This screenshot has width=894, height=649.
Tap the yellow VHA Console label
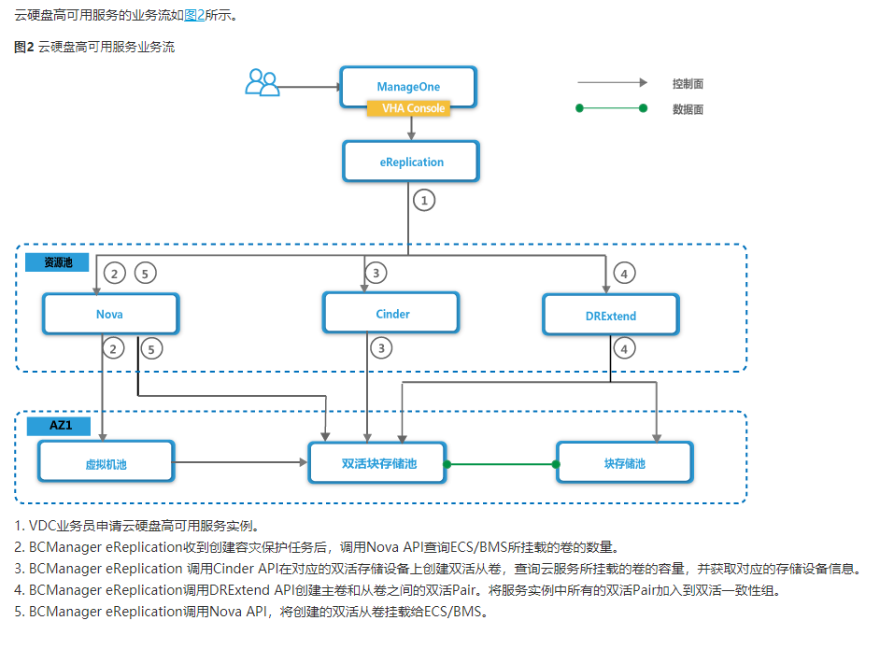click(x=408, y=108)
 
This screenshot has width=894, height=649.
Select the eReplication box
click(x=411, y=162)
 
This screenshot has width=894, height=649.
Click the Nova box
click(x=109, y=314)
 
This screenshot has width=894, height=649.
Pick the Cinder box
click(x=391, y=314)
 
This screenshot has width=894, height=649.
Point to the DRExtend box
click(x=611, y=316)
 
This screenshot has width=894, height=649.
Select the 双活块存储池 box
click(x=377, y=463)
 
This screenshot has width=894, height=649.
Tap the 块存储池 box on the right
click(x=624, y=463)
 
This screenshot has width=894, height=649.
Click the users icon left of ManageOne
click(x=262, y=83)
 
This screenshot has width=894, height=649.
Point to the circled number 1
click(x=425, y=200)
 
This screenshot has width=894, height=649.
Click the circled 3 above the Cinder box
click(x=376, y=273)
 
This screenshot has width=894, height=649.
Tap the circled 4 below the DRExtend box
click(x=624, y=348)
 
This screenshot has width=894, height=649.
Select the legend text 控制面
click(x=688, y=84)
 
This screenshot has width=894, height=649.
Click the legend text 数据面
click(x=688, y=109)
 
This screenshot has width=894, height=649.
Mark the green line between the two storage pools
click(x=502, y=464)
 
